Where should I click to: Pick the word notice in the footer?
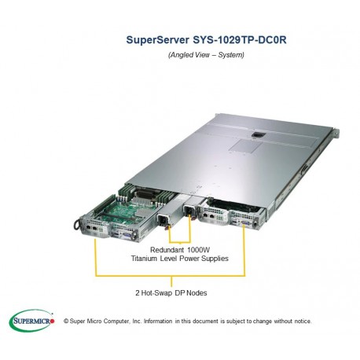coord(301,321)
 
